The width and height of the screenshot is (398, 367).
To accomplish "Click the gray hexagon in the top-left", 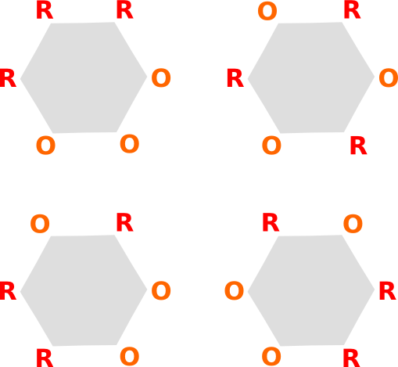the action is [84, 77].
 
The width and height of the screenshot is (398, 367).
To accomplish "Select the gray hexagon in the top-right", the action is [311, 77].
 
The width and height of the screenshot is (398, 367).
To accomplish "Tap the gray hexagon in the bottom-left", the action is [84, 290].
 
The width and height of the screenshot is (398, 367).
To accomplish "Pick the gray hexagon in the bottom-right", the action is [311, 290].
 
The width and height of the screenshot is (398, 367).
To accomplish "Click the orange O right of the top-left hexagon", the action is [161, 77].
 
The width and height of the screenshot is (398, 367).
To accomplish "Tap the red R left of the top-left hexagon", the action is [8, 78].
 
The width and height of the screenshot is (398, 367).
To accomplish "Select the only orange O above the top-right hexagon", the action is [267, 11].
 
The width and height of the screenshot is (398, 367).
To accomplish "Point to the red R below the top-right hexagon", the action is [359, 146].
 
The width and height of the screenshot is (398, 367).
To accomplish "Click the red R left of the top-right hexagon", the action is [235, 78].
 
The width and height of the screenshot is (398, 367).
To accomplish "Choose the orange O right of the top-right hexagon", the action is [389, 77].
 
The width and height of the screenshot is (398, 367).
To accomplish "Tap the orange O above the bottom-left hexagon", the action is [40, 224].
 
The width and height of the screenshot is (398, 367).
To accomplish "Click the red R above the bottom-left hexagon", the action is [125, 222].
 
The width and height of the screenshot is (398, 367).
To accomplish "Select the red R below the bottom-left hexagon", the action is [45, 358].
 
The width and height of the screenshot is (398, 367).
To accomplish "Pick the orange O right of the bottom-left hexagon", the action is [161, 290].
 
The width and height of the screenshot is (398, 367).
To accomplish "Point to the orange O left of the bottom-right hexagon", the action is [234, 290].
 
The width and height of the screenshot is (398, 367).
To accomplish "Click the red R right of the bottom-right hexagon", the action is [388, 291].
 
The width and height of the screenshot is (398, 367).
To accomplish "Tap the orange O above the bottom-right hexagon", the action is [353, 224].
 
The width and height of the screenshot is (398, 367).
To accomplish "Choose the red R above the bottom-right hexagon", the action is [271, 222].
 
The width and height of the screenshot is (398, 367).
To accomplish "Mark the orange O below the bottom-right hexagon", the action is [271, 356].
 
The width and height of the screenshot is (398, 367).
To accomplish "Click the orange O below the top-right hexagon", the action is [271, 146].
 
